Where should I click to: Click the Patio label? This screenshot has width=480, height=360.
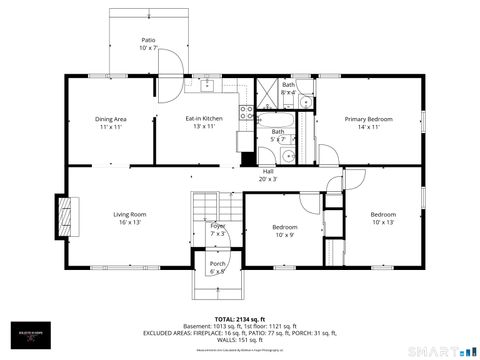148,40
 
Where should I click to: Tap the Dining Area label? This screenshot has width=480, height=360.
111,119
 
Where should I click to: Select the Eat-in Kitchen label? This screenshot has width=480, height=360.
204,119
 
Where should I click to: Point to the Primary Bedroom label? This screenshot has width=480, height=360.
368,119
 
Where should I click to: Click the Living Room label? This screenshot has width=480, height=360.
130,214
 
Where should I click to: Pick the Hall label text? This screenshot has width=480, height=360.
269,171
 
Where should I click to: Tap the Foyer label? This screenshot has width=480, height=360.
217,226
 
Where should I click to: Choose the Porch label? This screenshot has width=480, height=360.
217,263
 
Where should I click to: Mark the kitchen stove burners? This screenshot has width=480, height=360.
244,114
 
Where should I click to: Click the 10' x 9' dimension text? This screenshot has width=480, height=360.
285,236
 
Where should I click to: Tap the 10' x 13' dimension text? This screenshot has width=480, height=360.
383,222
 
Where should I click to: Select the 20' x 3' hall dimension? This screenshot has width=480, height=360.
269,179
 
